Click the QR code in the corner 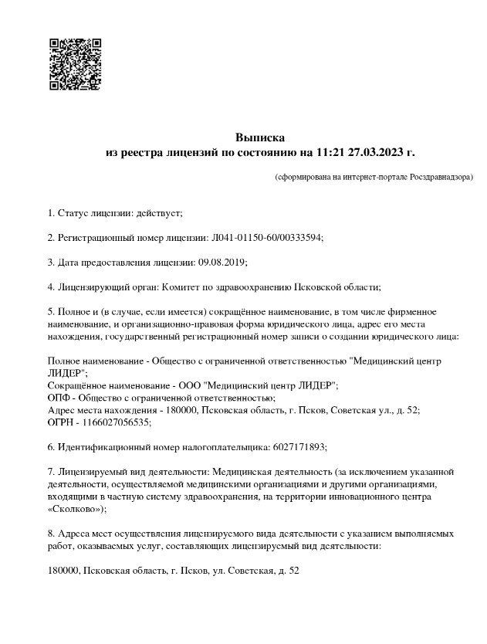pyautogui.click(x=76, y=63)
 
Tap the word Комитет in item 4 pyautogui.click(x=178, y=286)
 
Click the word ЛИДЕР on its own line pyautogui.click(x=65, y=373)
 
